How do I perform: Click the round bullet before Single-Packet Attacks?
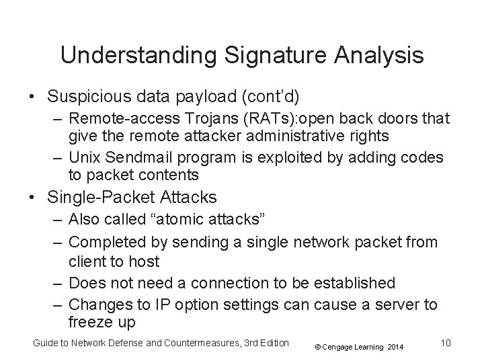tap(32, 198)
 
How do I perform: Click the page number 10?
tap(444, 344)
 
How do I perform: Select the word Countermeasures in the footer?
tap(200, 344)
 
